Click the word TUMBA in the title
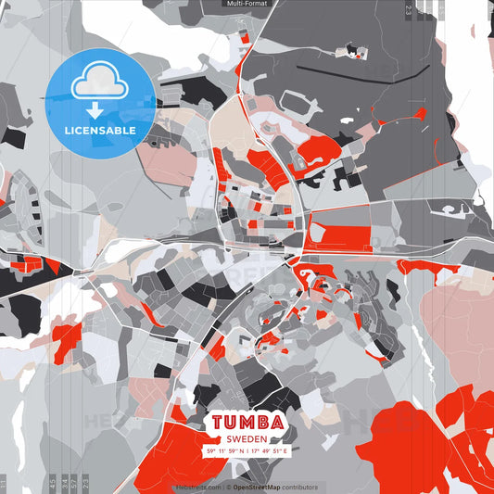[x=246, y=422]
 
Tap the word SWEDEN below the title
[x=247, y=438]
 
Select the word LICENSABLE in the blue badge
[x=99, y=131]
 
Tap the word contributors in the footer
[x=299, y=487]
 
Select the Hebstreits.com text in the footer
[x=197, y=487]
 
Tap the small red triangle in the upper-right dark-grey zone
[x=418, y=114]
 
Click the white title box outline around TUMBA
[x=247, y=409]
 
